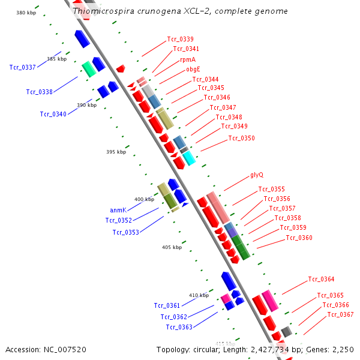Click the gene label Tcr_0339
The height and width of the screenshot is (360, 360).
(180, 39)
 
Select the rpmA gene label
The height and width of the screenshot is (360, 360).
(188, 59)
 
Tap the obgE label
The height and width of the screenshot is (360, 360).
(193, 69)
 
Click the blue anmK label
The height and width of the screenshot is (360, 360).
(118, 210)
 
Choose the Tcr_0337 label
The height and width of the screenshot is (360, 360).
(22, 67)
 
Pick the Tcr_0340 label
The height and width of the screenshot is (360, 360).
(53, 114)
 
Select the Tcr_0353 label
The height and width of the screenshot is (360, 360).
(125, 232)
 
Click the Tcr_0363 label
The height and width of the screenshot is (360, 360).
(179, 327)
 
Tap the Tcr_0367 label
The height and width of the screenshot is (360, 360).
(340, 314)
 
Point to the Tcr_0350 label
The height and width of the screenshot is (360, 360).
(241, 138)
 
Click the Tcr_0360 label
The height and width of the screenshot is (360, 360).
(299, 238)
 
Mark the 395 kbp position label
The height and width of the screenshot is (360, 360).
(116, 152)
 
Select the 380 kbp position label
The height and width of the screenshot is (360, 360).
(26, 13)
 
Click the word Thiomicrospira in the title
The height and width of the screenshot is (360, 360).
(100, 11)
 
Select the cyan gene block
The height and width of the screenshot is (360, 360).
(189, 158)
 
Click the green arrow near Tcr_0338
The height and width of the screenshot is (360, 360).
(89, 69)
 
